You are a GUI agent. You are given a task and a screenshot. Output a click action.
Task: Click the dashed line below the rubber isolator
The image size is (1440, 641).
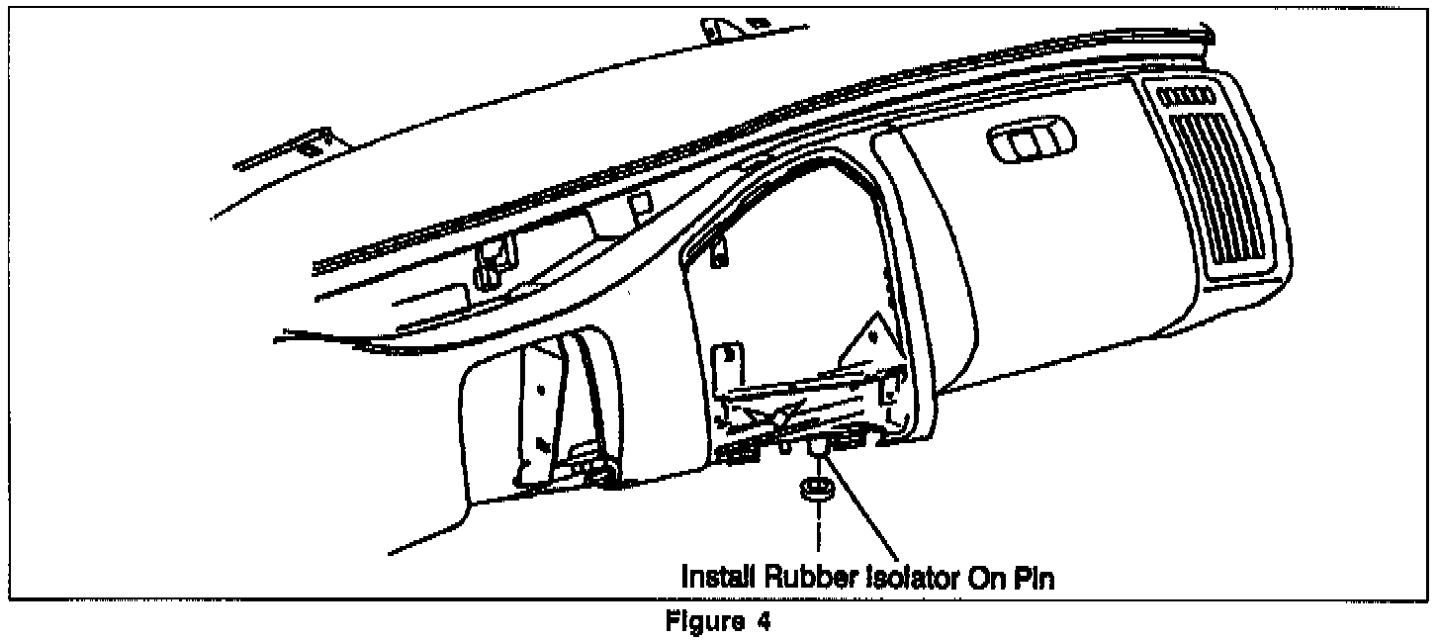pos(818,530)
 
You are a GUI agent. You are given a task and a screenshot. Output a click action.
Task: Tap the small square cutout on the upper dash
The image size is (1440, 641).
pos(641,203)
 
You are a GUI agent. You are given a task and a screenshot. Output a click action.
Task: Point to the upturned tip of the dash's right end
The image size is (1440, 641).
pos(1205,38)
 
